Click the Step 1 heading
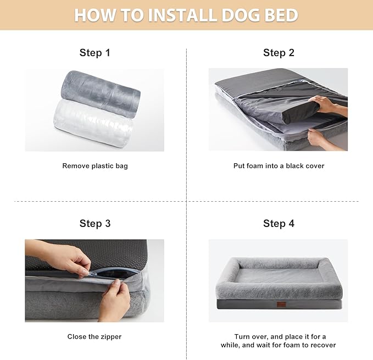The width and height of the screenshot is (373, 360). click(95, 53)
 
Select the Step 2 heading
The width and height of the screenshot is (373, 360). click(279, 53)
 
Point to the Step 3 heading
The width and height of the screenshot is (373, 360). click(95, 223)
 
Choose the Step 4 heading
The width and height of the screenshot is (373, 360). click(279, 223)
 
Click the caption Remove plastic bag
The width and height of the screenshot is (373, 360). click(95, 165)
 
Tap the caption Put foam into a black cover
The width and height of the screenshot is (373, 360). click(279, 165)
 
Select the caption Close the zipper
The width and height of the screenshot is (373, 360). click(94, 336)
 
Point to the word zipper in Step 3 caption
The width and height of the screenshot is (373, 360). click(110, 336)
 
